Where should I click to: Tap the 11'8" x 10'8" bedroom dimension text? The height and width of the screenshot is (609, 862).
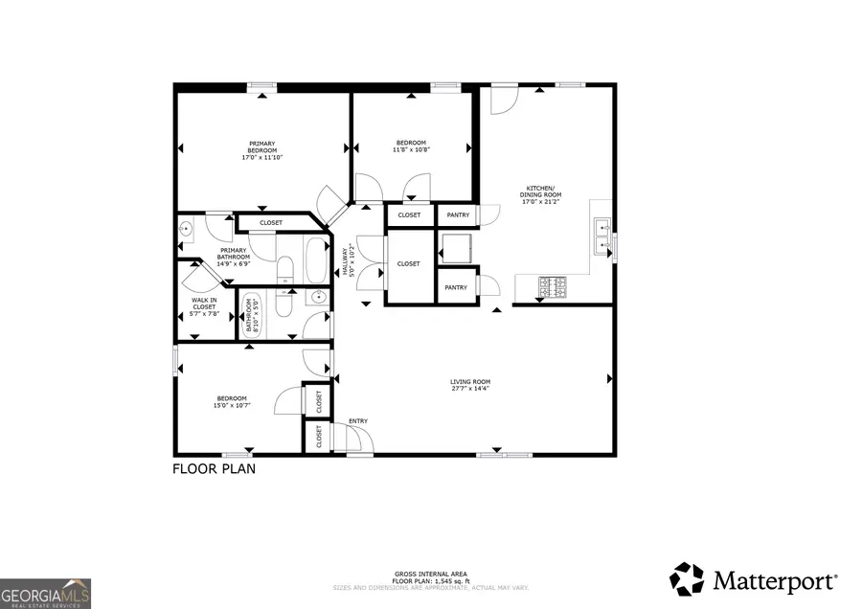411,149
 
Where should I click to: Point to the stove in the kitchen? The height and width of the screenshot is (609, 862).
555,285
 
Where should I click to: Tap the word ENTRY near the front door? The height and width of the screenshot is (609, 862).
358,421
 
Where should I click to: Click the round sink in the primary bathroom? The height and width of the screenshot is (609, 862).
186,230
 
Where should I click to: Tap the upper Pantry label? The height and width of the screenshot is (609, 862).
457,215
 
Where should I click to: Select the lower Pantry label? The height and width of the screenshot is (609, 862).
456,287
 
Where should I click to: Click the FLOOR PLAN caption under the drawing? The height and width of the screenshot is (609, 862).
214,469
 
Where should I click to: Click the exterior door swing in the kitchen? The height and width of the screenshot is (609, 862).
503,100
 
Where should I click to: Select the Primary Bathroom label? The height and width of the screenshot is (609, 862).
233,254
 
